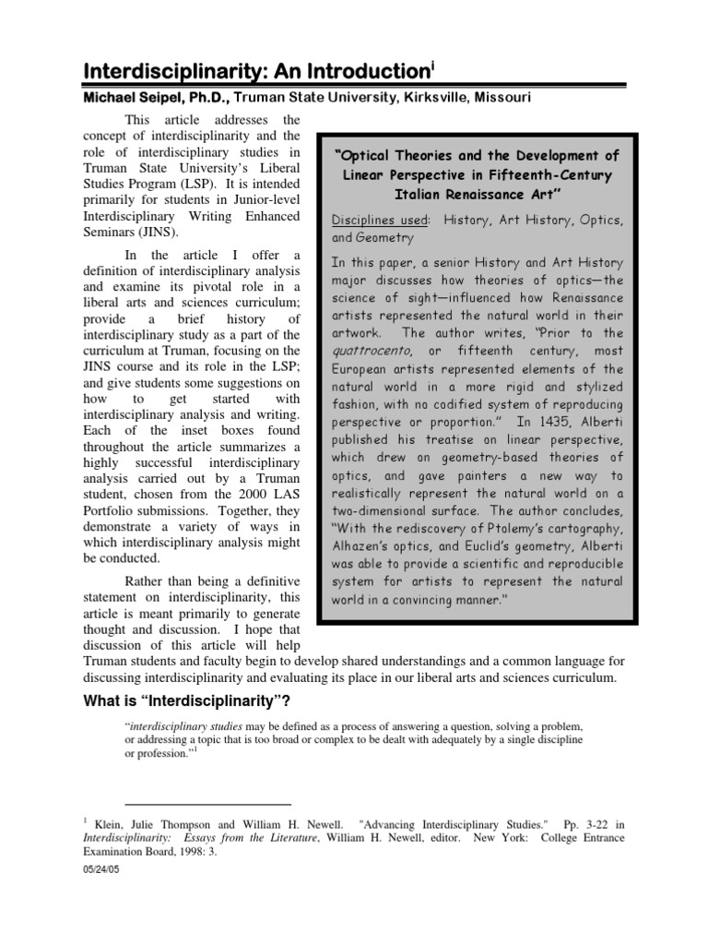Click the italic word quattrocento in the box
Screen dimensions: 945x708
click(x=370, y=352)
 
